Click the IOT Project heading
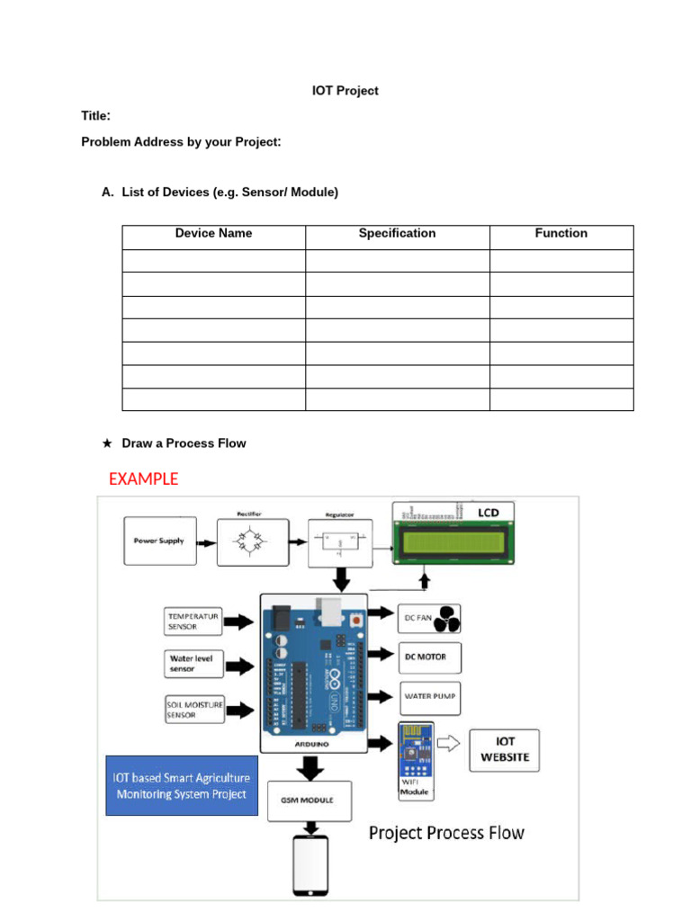[x=345, y=91]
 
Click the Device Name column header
[x=213, y=234]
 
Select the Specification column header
[x=397, y=234]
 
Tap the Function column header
[x=561, y=234]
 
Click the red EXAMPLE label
[x=143, y=479]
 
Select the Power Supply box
[x=158, y=541]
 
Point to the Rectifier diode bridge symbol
[x=253, y=542]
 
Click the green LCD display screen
[x=453, y=542]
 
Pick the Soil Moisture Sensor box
[x=193, y=710]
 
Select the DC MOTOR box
[x=429, y=657]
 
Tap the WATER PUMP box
[x=429, y=696]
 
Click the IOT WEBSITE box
[x=505, y=750]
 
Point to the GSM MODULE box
[x=310, y=800]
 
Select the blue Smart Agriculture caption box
[x=182, y=785]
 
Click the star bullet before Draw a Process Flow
[x=107, y=443]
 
